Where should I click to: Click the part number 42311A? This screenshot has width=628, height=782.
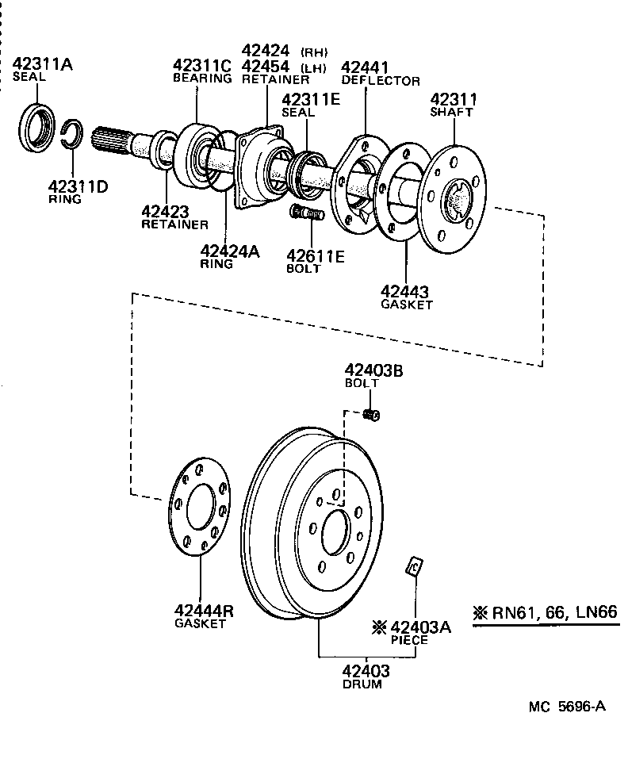pyautogui.click(x=40, y=64)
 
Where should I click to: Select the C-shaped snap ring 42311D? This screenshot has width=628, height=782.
pyautogui.click(x=72, y=134)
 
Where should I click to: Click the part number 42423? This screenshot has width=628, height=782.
pyautogui.click(x=165, y=211)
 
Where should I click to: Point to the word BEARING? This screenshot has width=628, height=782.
pyautogui.click(x=202, y=79)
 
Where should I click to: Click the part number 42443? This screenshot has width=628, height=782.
pyautogui.click(x=406, y=291)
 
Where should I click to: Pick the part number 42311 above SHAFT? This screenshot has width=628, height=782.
pyautogui.click(x=453, y=99)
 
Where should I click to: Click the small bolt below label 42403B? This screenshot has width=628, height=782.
pyautogui.click(x=370, y=414)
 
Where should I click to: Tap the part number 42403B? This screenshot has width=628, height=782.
pyautogui.click(x=373, y=370)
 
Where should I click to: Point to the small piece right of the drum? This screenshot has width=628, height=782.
pyautogui.click(x=413, y=566)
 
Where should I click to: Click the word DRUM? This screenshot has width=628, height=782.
pyautogui.click(x=362, y=684)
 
